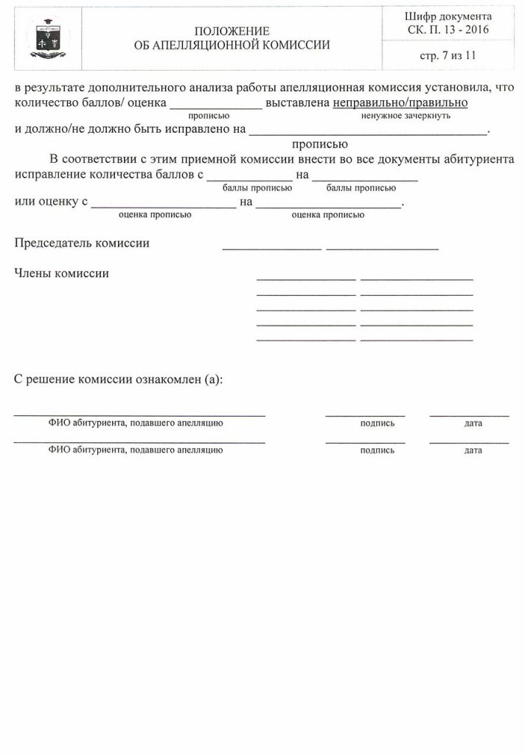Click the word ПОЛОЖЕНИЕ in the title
[x=232, y=31]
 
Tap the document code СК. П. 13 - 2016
[x=448, y=29]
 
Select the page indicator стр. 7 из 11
[x=448, y=55]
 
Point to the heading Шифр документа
[x=448, y=16]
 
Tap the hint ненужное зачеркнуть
[x=406, y=116]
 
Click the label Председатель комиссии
[x=82, y=243]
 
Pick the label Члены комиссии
[x=62, y=274]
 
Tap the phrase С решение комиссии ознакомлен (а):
[x=119, y=380]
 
